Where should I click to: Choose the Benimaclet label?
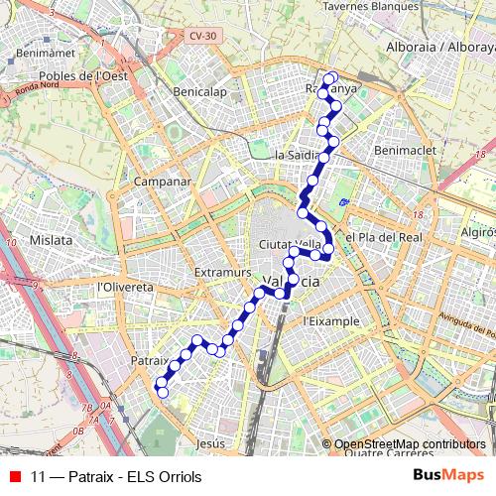coord(399,149)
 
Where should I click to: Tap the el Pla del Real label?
coord(384,238)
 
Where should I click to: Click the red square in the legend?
coord(15,477)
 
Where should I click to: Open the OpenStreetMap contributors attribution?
coord(410,444)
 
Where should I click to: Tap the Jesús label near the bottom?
coord(212,443)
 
